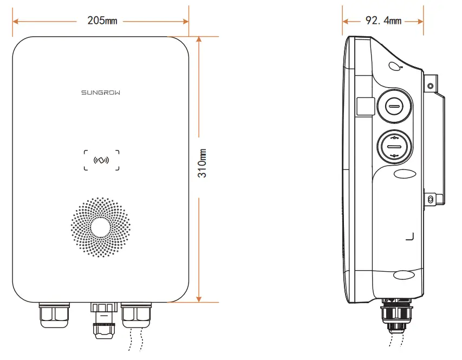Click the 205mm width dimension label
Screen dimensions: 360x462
point(102,21)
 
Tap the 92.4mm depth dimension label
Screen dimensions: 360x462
point(383,21)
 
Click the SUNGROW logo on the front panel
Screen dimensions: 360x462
point(101,93)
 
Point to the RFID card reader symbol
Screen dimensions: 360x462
point(101,160)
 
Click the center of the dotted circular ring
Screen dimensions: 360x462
point(101,227)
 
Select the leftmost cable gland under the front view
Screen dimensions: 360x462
point(54,315)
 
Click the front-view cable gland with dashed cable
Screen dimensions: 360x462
point(136,315)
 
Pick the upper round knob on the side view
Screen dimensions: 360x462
point(394,106)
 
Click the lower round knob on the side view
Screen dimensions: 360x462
point(394,146)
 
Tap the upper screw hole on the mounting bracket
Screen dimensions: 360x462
point(431,86)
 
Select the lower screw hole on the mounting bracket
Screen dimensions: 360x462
point(431,200)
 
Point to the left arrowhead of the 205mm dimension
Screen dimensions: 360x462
point(16,21)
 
